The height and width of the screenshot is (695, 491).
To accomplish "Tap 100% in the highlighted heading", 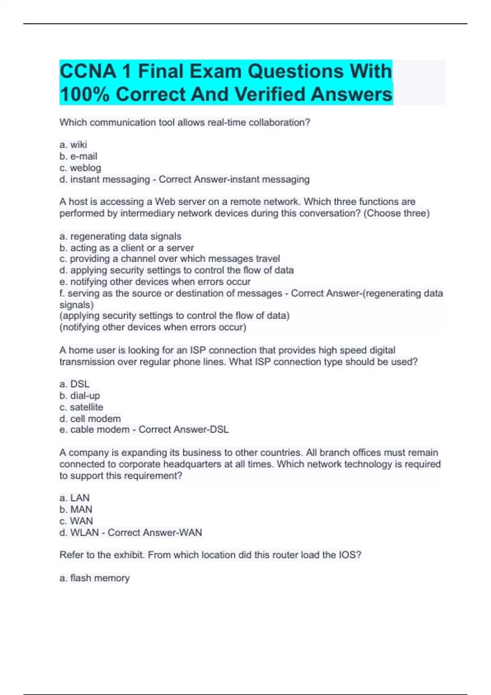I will point(85,94).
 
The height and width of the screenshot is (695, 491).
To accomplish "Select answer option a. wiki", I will point(73,145).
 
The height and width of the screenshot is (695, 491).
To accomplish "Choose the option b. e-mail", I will point(78,156).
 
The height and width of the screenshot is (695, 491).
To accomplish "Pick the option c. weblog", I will point(80,168).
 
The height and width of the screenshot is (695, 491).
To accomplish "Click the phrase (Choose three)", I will point(396,213).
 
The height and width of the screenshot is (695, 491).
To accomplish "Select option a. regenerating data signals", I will point(120,236).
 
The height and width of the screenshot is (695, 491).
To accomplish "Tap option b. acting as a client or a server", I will point(126,248).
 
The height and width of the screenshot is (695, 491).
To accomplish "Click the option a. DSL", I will point(74,384).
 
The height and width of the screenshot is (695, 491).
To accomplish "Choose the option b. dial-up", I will point(79,395).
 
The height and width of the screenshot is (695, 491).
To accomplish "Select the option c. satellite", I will point(81,407).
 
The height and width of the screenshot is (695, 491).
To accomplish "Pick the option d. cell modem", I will point(90,418).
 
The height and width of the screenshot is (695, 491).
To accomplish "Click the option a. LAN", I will point(74,498).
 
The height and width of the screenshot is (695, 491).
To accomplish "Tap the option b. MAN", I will point(76,509).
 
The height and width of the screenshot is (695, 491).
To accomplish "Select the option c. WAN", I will point(76,521).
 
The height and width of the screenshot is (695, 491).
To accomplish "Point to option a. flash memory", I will point(95,578).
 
